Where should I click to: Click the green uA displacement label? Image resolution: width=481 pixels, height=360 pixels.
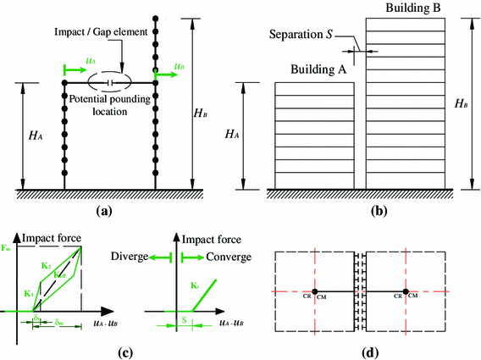coord(91,60)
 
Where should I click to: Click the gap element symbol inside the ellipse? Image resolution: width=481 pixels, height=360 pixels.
coord(111,83)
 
